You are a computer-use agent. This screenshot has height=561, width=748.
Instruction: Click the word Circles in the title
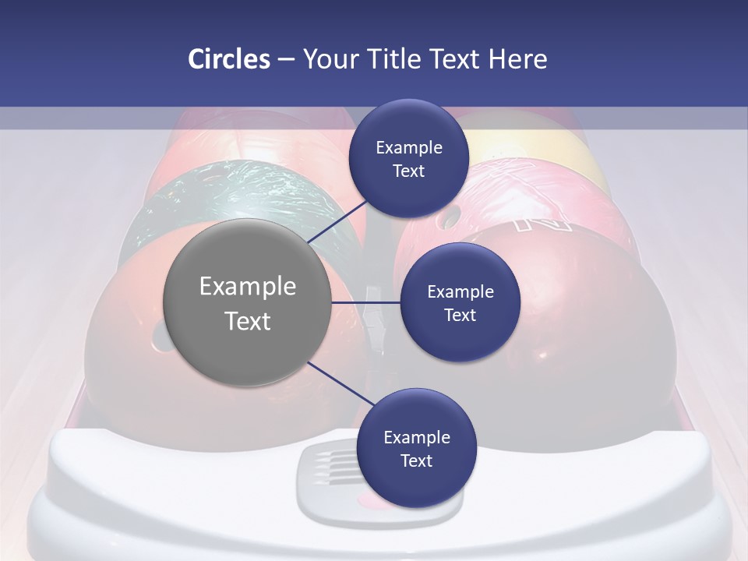coord(229,59)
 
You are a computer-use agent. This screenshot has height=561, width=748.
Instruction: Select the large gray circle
coord(248,303)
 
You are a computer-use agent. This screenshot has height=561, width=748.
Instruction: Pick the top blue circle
coord(408,158)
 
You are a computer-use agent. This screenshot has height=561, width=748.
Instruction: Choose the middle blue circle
coord(460,302)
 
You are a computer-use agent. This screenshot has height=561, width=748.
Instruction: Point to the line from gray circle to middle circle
coord(365,302)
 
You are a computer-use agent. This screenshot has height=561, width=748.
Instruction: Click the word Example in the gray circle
coord(248,287)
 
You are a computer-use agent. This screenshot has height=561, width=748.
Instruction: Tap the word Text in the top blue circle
coord(408,171)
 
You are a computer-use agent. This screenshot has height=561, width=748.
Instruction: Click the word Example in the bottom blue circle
coord(416,437)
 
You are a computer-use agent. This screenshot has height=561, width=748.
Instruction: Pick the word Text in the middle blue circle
coord(460,315)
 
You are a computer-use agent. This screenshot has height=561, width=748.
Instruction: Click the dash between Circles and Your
coord(285,59)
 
